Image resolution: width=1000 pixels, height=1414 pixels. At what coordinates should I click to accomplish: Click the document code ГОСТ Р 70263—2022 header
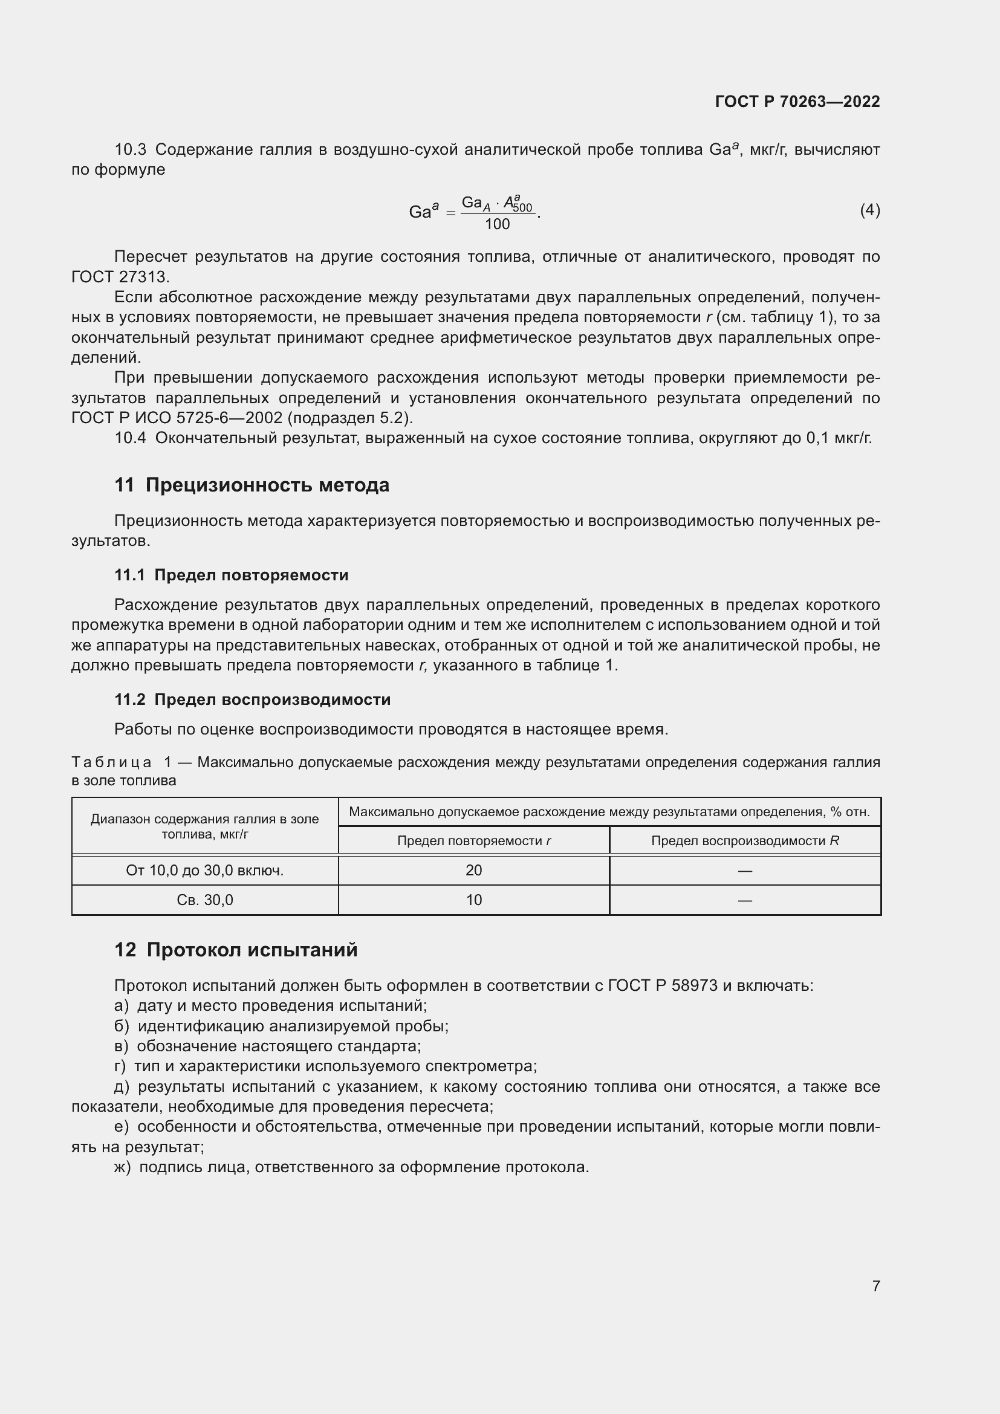tap(797, 102)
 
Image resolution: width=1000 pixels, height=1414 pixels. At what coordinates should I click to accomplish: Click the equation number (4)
tap(869, 210)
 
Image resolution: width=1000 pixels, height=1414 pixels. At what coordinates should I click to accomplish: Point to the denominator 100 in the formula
tap(497, 224)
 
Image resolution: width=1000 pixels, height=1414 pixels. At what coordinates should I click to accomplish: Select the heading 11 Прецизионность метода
tap(252, 485)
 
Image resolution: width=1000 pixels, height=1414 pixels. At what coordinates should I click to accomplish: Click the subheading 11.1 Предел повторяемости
tap(231, 574)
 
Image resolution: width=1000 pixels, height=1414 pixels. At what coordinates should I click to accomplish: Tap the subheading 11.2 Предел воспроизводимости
tap(253, 699)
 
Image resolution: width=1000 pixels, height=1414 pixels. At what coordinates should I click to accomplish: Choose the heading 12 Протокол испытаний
tap(236, 950)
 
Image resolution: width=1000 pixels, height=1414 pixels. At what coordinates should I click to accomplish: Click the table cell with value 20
tap(473, 870)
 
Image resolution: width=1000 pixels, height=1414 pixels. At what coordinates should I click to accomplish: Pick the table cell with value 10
tap(473, 900)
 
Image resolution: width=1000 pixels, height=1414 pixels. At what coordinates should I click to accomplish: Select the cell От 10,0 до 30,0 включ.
tap(204, 870)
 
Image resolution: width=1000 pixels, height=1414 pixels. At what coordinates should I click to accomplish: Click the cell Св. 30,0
tap(204, 900)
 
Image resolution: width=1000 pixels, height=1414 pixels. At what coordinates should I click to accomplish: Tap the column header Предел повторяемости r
tap(473, 841)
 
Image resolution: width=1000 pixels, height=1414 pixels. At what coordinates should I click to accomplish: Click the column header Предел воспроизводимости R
tap(744, 841)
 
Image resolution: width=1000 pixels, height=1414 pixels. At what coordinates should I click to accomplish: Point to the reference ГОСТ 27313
tap(120, 276)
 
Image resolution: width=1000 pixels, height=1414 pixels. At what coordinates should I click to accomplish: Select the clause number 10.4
tap(130, 438)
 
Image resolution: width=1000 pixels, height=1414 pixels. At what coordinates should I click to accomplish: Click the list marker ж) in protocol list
tap(122, 1167)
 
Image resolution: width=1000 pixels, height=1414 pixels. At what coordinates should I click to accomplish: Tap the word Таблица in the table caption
tap(111, 762)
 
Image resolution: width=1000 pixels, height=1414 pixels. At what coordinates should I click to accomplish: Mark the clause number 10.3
tap(130, 150)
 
